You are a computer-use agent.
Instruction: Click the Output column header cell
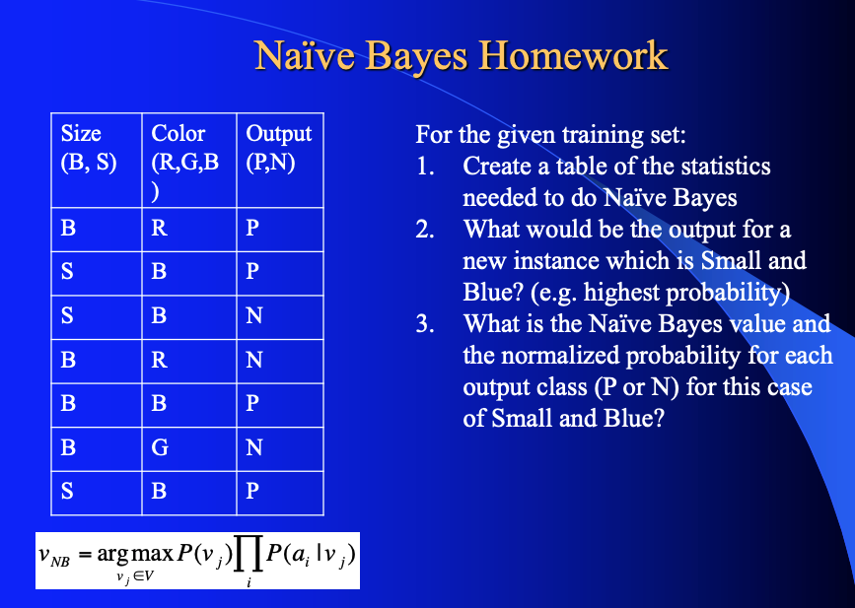click(280, 160)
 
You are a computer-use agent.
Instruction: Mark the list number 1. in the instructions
click(426, 167)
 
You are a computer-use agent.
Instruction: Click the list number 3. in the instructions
click(426, 324)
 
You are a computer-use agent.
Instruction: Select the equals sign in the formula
click(86, 560)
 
